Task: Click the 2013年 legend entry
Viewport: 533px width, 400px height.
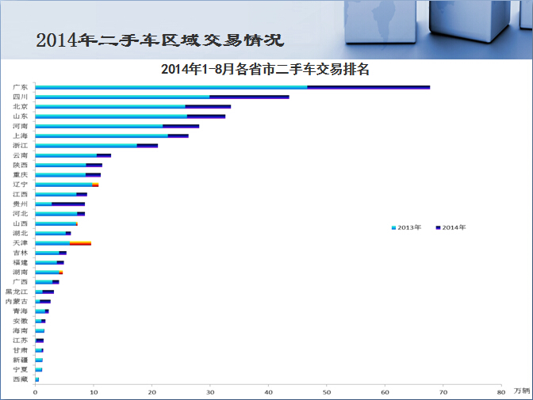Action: coord(407,227)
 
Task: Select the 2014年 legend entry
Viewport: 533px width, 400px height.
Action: coord(451,227)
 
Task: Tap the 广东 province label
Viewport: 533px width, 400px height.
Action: coord(21,87)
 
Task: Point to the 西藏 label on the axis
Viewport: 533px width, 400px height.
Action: coord(21,379)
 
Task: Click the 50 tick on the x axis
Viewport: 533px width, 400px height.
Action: coord(327,392)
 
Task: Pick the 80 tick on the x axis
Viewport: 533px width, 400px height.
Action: coord(501,392)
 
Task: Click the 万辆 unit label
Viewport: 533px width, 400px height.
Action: coord(522,390)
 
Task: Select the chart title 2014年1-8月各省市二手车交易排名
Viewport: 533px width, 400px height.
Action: coord(265,69)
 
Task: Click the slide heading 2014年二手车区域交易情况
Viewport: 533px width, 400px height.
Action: coord(159,40)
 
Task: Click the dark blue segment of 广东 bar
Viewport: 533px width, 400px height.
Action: coord(369,87)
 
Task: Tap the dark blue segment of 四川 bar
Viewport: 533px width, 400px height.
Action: coord(249,97)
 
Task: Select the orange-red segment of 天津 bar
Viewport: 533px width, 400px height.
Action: coord(81,243)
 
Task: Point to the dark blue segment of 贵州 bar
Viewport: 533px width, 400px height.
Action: coord(68,204)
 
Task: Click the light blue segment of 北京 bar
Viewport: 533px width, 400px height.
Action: coord(110,107)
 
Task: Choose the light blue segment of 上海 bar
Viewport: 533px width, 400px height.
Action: coord(102,135)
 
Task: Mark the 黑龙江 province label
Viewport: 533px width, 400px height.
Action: coord(17,291)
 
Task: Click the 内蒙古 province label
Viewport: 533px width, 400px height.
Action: coord(17,301)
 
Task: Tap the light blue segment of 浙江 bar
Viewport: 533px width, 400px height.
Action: coord(86,146)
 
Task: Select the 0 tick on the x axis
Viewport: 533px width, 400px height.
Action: coord(36,392)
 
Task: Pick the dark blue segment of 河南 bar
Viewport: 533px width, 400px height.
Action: coord(181,126)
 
